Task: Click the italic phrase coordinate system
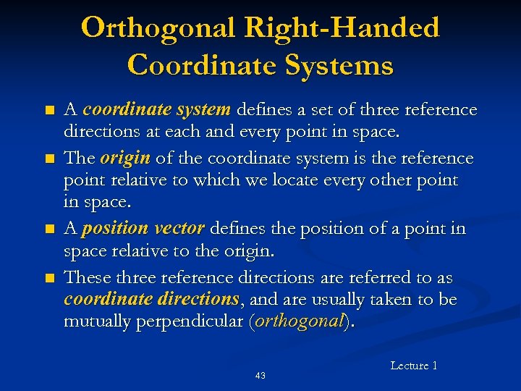point(156,110)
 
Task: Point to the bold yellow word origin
point(124,158)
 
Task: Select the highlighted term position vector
point(144,229)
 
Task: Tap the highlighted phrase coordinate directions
point(151,300)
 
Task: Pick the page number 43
point(260,375)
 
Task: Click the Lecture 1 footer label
point(414,366)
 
